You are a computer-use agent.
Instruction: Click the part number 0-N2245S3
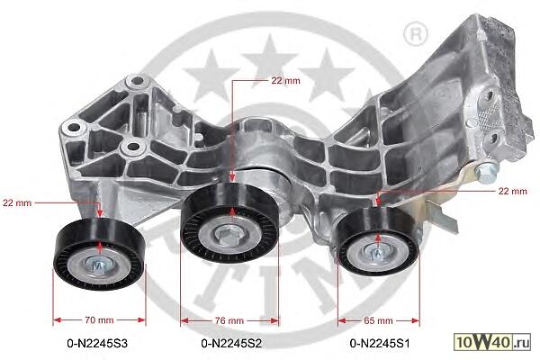(x=97, y=343)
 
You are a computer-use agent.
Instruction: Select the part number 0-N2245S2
(x=231, y=343)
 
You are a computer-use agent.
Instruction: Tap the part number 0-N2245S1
(x=380, y=343)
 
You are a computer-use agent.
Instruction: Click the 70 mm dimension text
(x=99, y=320)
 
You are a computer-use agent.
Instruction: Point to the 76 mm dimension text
(x=229, y=320)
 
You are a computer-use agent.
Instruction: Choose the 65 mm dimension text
(x=378, y=320)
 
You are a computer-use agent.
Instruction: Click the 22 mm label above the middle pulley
(x=285, y=81)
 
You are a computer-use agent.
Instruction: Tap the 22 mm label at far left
(x=17, y=202)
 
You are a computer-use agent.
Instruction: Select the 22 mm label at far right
(x=513, y=191)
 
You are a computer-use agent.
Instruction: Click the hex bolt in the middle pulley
(x=227, y=235)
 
